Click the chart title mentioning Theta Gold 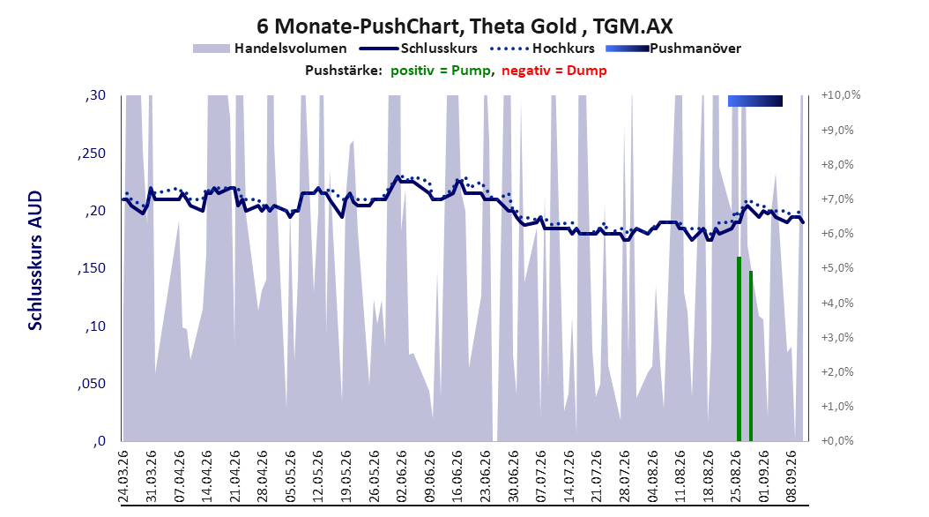(465, 26)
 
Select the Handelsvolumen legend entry (270, 49)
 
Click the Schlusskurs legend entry (419, 49)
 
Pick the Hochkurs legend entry (543, 49)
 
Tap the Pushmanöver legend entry (673, 49)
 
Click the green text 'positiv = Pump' (440, 71)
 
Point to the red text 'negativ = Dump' (554, 71)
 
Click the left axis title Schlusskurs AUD (35, 260)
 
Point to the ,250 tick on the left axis (92, 154)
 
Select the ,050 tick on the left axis (92, 384)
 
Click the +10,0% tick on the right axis (841, 95)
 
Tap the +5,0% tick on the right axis (837, 268)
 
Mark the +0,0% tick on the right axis (837, 440)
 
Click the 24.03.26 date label (123, 476)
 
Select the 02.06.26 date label (402, 476)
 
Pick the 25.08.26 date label (736, 476)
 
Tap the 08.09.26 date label (792, 476)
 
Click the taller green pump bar (739, 348)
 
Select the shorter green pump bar (751, 356)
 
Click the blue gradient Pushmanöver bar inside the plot (755, 101)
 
